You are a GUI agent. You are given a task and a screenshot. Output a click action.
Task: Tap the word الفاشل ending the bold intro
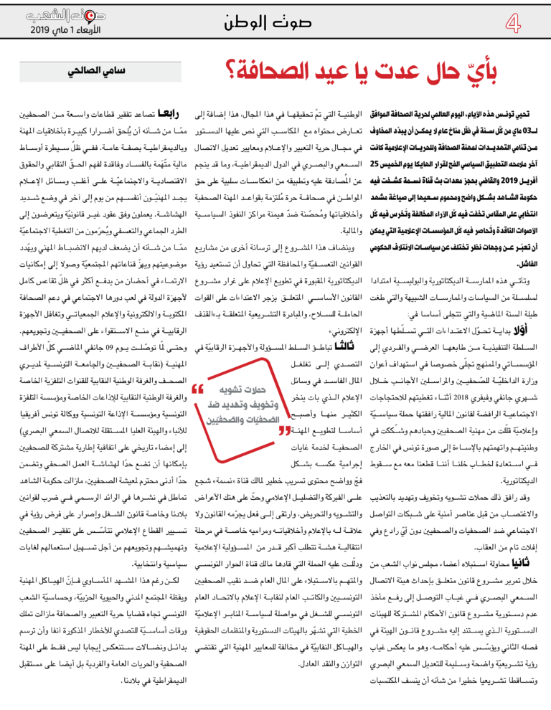(530, 243)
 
